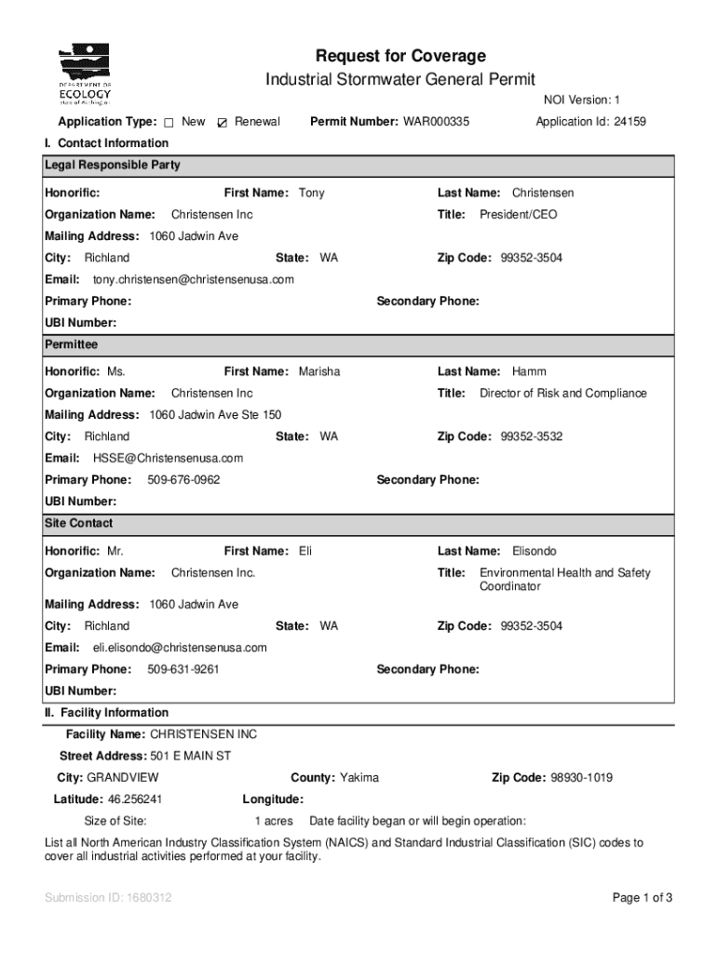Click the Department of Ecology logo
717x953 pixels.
[x=85, y=75]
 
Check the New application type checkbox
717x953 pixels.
[x=169, y=123]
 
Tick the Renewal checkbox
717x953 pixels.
[x=222, y=123]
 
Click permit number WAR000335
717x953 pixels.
[x=436, y=122]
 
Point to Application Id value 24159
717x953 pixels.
[x=629, y=122]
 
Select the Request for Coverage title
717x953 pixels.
[x=400, y=56]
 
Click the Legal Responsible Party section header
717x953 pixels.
[x=113, y=166]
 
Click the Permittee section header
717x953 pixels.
[x=72, y=344]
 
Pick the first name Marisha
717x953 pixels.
[x=319, y=371]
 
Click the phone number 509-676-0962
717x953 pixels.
[x=183, y=480]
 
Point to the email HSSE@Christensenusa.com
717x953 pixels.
[x=168, y=458]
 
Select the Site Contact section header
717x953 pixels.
[x=79, y=523]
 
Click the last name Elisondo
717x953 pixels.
[x=534, y=551]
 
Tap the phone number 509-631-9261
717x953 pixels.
[x=183, y=670]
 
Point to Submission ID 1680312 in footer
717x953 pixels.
[x=108, y=898]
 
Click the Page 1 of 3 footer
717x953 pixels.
[x=643, y=898]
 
